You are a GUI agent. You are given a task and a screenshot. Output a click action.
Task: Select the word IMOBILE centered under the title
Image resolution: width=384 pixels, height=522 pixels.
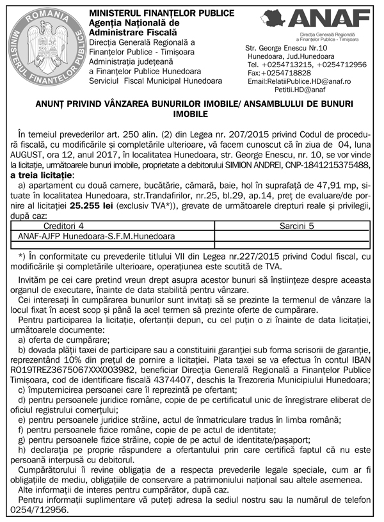pos(192,114)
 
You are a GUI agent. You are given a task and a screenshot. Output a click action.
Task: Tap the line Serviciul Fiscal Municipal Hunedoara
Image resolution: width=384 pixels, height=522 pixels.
pos(156,81)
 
